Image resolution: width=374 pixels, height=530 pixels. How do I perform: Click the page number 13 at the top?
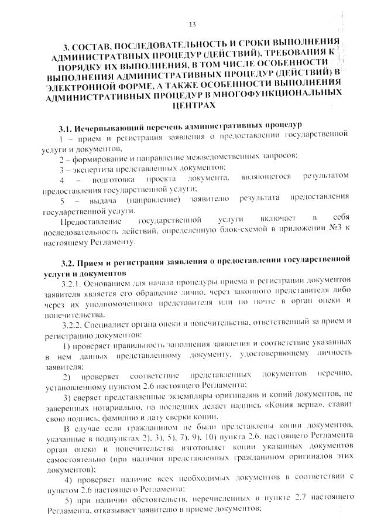click(x=192, y=23)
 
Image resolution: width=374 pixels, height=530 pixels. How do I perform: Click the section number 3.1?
click(x=66, y=127)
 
